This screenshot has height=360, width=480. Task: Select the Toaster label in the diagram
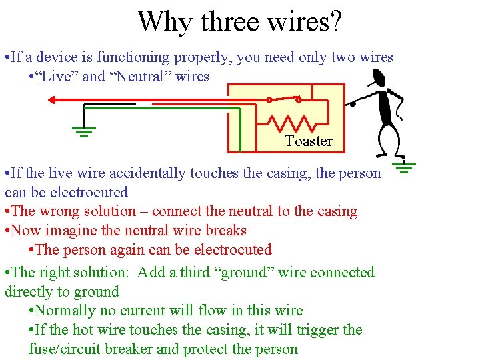(308, 141)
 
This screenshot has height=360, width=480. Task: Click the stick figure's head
(378, 79)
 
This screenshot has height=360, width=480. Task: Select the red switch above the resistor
(283, 99)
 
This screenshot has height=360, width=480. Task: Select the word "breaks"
(223, 231)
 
